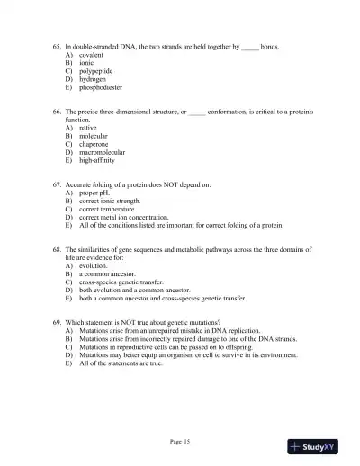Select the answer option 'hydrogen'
[x=94, y=80]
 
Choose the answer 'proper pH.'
[x=97, y=219]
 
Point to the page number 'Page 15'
[x=180, y=441]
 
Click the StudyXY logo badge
[x=317, y=445]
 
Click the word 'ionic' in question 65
[x=88, y=62]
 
